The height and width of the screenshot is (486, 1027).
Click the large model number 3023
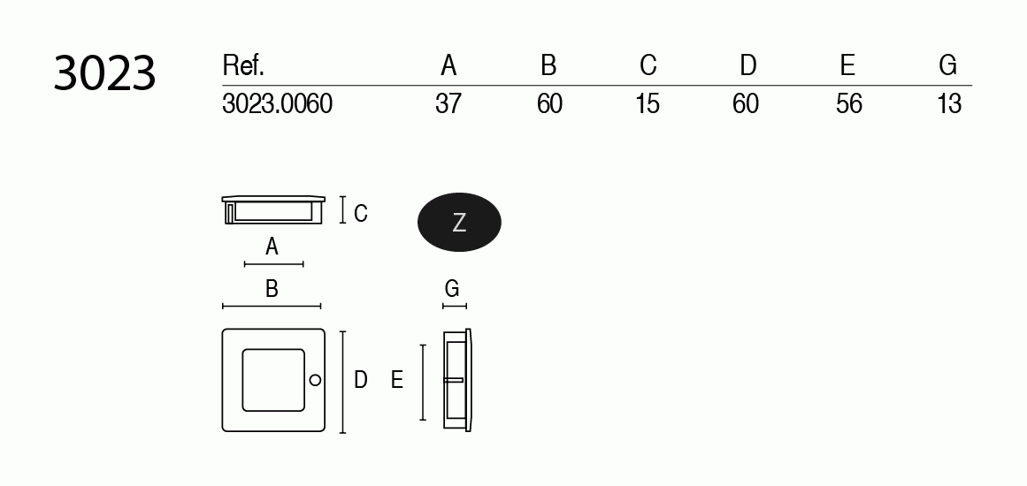tap(104, 73)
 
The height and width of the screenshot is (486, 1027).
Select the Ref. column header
tap(243, 65)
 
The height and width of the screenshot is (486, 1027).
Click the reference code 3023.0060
tap(277, 104)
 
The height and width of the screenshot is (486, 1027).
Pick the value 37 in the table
tap(448, 104)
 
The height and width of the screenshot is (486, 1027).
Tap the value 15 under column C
tap(648, 104)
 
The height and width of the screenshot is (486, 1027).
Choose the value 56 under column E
tap(848, 104)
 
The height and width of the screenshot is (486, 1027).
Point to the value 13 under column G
tap(948, 104)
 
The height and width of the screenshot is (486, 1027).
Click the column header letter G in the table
tap(948, 65)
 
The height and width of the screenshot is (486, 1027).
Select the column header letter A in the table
tap(448, 65)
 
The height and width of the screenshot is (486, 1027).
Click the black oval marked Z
tap(459, 223)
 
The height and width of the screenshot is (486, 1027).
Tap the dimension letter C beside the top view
tap(360, 213)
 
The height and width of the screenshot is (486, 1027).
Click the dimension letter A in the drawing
tap(272, 247)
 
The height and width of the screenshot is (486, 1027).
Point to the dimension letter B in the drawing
tap(272, 288)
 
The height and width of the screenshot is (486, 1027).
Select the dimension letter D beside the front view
tap(360, 380)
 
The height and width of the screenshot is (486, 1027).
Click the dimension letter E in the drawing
tap(397, 380)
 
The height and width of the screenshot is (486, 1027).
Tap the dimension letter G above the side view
tap(452, 288)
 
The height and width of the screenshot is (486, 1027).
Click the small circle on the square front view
tap(315, 380)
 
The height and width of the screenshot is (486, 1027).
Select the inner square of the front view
tap(272, 380)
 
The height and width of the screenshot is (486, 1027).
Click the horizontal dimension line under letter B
tap(272, 307)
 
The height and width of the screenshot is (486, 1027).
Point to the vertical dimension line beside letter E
tap(424, 383)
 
